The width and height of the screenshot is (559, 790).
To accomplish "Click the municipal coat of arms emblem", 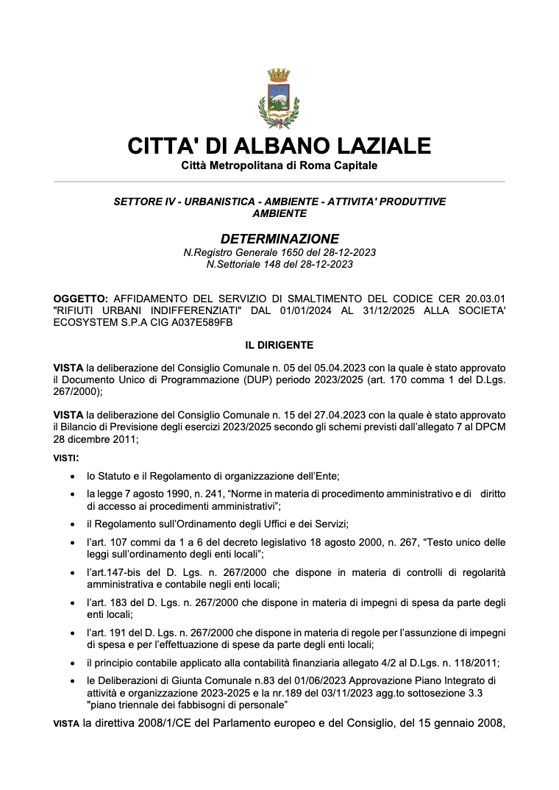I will tap(279, 98).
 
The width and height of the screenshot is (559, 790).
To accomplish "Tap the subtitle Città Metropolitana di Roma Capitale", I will tap(279, 166).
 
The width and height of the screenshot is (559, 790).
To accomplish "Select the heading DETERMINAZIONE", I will tap(279, 239).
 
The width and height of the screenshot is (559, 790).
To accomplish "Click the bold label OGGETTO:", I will tap(81, 298).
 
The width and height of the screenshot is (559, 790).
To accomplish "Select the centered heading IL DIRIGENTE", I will tap(279, 344).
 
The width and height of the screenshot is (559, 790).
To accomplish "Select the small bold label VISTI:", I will tap(66, 458).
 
